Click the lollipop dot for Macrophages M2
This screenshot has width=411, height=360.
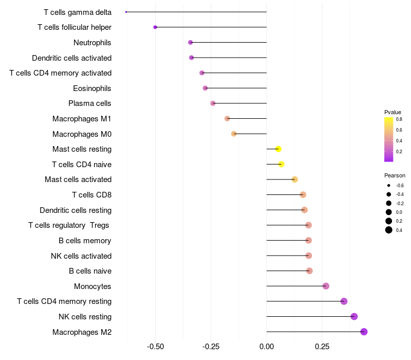click(364, 332)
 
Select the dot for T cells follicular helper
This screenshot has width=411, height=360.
click(155, 27)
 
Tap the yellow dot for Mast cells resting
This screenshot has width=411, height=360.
click(278, 149)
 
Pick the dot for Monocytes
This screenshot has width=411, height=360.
click(326, 286)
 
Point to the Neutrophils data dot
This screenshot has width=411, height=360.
click(190, 42)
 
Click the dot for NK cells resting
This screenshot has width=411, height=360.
click(354, 316)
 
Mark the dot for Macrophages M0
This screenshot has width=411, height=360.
click(234, 134)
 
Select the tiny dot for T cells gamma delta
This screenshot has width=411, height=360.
click(126, 12)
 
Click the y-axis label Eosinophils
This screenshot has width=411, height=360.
click(92, 88)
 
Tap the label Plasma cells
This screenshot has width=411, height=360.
click(90, 103)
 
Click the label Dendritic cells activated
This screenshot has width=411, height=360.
click(71, 58)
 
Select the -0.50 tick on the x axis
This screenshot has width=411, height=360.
click(155, 347)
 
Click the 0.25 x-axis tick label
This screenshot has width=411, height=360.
click(322, 347)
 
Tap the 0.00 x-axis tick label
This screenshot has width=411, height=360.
click(267, 347)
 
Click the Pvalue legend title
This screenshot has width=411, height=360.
click(393, 112)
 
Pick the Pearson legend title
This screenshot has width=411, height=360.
click(395, 175)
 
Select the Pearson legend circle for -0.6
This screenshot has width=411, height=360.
click(389, 185)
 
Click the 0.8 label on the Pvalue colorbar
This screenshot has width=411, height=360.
click(399, 119)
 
